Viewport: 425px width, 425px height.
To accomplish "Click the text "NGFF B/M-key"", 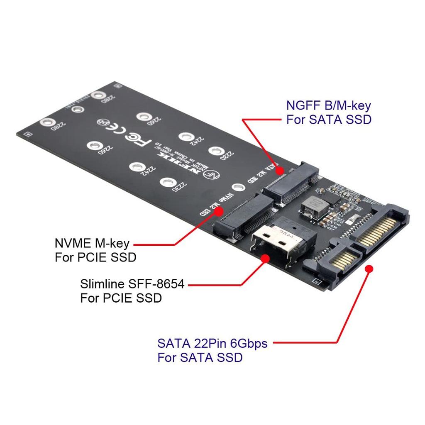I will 328,105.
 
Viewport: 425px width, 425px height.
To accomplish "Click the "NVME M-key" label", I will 92,243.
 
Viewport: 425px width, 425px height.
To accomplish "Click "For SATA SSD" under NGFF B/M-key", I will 328,120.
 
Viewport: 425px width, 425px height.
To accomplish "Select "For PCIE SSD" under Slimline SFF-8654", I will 121,298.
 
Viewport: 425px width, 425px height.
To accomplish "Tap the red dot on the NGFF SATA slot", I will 279,170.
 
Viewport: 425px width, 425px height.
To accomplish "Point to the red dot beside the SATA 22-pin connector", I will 368,269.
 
